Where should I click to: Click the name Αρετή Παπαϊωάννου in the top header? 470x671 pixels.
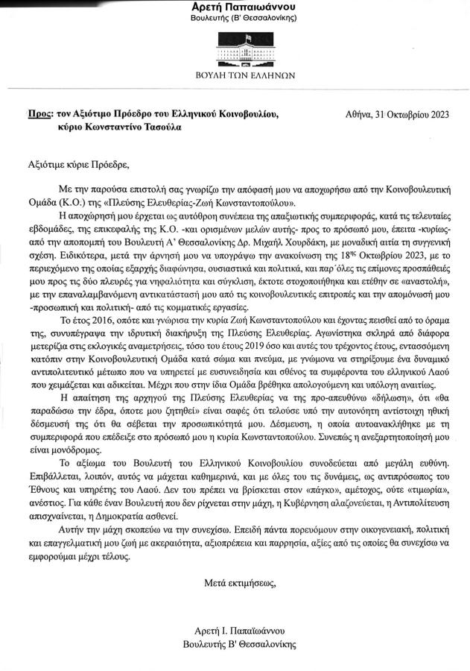click(x=235, y=7)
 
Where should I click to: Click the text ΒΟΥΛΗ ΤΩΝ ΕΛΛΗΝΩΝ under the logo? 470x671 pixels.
click(x=235, y=75)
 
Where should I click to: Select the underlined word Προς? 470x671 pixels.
click(x=38, y=114)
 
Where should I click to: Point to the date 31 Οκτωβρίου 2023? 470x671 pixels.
click(x=406, y=114)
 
